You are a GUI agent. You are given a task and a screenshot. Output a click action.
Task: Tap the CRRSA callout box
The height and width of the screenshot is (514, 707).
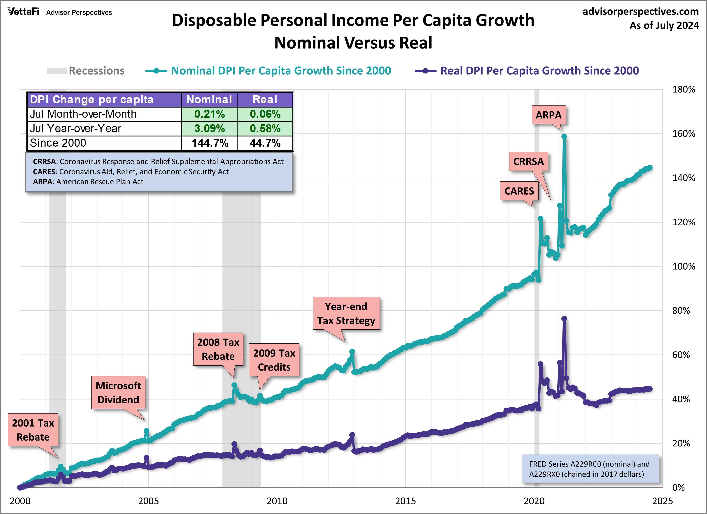tap(528, 162)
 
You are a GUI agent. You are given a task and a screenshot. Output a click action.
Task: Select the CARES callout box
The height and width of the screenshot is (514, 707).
tap(519, 191)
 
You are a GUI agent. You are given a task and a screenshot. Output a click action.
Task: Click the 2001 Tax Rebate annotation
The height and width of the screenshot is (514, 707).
tap(33, 430)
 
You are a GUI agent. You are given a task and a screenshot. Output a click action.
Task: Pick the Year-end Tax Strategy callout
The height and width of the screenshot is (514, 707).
tap(346, 313)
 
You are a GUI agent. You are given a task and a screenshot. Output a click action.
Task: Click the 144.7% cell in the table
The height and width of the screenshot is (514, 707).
tap(210, 143)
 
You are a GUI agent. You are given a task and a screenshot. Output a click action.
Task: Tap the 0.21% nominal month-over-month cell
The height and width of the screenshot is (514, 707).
tap(210, 114)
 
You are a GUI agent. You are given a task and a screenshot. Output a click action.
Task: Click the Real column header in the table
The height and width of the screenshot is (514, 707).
tap(265, 99)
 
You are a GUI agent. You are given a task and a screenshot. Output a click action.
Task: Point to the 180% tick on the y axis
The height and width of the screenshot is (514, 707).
tap(683, 89)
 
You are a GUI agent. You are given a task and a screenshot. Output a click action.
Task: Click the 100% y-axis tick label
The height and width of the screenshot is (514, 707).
tap(683, 266)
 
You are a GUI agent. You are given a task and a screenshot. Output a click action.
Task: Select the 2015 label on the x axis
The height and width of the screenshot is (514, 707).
tap(405, 501)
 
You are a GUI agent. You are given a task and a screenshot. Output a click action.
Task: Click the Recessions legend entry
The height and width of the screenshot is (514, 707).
tap(86, 71)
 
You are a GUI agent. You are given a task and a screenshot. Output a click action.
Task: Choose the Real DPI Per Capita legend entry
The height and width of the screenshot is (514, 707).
tap(527, 71)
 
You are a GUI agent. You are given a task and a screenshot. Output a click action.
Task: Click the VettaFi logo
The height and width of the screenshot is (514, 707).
tap(23, 12)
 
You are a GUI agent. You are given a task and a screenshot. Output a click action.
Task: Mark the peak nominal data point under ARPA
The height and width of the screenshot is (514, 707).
tap(564, 136)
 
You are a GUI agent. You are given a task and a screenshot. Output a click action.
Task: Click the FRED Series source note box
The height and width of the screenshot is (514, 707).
tap(590, 469)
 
